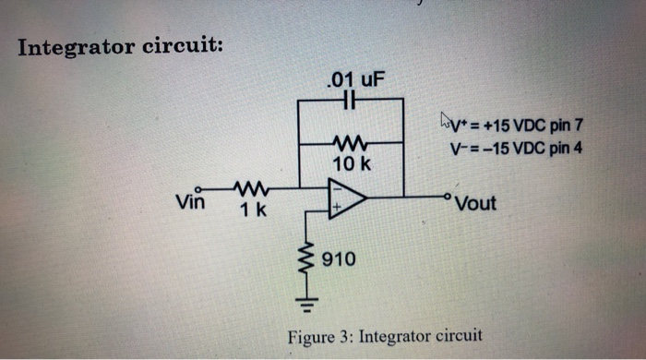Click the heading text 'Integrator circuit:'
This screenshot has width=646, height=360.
[119, 45]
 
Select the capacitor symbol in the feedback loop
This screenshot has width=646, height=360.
[350, 98]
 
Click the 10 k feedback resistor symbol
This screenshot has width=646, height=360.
[351, 143]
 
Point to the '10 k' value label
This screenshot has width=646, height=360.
[351, 163]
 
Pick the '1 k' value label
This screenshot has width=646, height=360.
[253, 210]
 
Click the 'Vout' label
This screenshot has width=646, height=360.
[476, 203]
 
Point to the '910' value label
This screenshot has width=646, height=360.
[339, 260]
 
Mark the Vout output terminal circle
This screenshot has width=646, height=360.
[449, 196]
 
